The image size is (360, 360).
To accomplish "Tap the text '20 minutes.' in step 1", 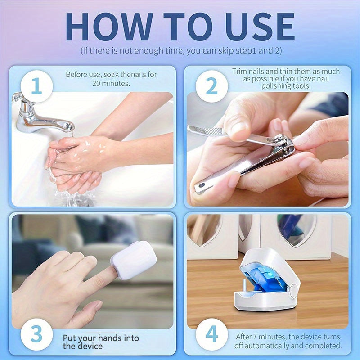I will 111,83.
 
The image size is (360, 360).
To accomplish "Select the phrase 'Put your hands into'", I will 101,338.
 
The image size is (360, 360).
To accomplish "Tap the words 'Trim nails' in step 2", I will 249,72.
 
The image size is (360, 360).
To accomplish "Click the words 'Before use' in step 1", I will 83,74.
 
